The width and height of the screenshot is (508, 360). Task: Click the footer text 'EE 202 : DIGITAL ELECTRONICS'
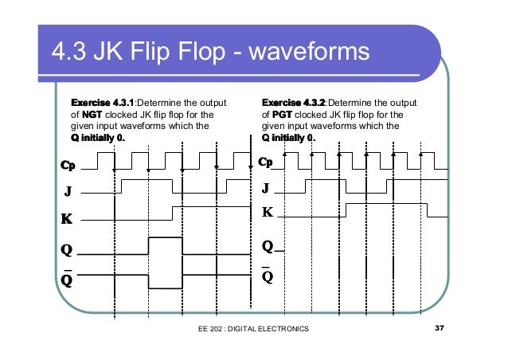click(x=253, y=328)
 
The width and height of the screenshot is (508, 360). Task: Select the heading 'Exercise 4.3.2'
click(x=293, y=103)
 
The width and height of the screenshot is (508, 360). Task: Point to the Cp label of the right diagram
click(x=266, y=162)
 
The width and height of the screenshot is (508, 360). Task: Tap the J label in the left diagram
click(x=68, y=192)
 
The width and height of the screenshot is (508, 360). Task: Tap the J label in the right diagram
click(x=266, y=189)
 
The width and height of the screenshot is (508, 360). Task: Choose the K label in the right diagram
click(x=268, y=213)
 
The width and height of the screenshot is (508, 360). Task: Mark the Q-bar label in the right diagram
click(x=268, y=276)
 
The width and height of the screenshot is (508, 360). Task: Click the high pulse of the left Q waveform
click(x=166, y=239)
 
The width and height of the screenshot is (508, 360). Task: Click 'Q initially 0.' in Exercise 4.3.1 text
click(x=99, y=137)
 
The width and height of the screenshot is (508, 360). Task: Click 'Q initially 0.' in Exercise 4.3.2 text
click(x=289, y=137)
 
